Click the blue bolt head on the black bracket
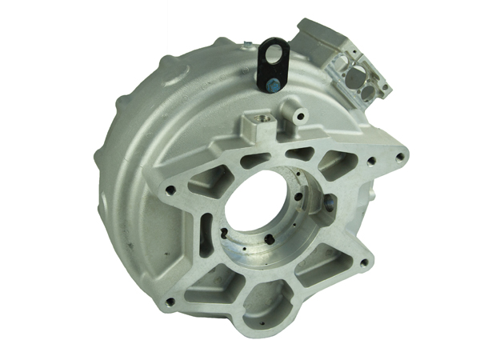273,81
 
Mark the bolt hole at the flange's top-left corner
169,190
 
